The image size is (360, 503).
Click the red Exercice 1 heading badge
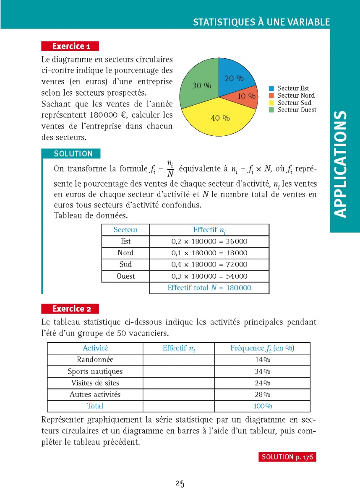pyautogui.click(x=70, y=46)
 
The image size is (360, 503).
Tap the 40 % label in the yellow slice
pyautogui.click(x=220, y=118)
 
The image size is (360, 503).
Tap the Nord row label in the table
pyautogui.click(x=125, y=253)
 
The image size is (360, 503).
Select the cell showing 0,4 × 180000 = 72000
pyautogui.click(x=209, y=264)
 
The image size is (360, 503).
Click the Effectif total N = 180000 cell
pyautogui.click(x=209, y=288)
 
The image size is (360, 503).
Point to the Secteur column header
pyautogui.click(x=125, y=230)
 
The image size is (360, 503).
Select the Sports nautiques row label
pyautogui.click(x=95, y=371)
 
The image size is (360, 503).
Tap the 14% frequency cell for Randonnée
pyautogui.click(x=262, y=360)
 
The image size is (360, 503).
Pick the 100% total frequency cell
pyautogui.click(x=262, y=406)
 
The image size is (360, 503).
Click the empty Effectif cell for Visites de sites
pyautogui.click(x=179, y=383)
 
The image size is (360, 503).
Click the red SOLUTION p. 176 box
pyautogui.click(x=287, y=457)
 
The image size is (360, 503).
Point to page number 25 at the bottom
pyautogui.click(x=180, y=483)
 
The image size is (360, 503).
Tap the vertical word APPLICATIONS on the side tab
pyautogui.click(x=342, y=163)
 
